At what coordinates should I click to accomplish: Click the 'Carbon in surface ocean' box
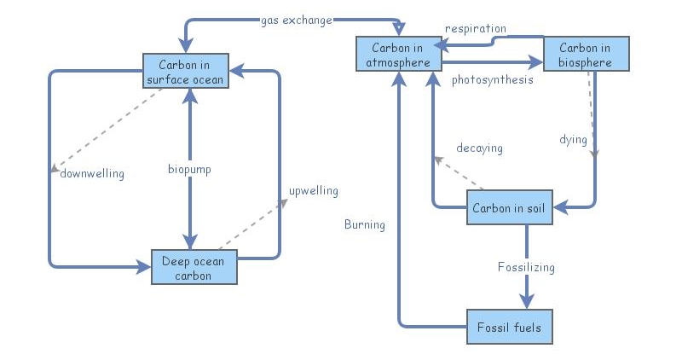[x=185, y=72]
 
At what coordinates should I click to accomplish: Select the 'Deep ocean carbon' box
[x=194, y=267]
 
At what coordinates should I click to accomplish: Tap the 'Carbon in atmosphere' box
[x=399, y=54]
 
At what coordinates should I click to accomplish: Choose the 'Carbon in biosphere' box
[x=587, y=54]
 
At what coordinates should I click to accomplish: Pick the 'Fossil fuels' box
[x=509, y=327]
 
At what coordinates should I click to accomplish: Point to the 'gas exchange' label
[x=297, y=20]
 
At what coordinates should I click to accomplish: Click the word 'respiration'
[x=476, y=28]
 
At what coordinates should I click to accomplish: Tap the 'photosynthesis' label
[x=493, y=80]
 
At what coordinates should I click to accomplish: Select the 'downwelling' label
[x=92, y=174]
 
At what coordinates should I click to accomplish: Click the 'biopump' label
[x=189, y=170]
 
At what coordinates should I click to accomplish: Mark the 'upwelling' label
[x=313, y=190]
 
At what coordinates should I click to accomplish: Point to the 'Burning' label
[x=365, y=225]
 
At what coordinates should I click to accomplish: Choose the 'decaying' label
[x=479, y=148]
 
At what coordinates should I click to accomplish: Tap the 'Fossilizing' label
[x=526, y=267]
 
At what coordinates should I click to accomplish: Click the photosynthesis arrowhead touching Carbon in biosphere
[x=536, y=62]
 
